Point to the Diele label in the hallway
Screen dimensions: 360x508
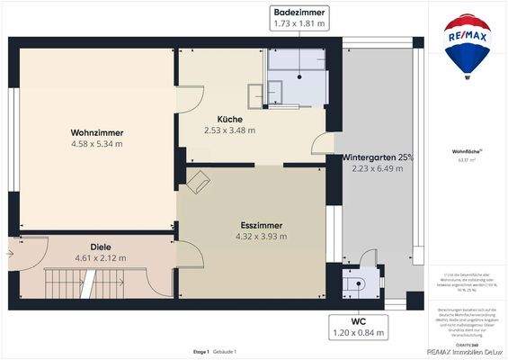pos(100,247)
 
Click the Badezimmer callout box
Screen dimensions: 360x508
pos(300,18)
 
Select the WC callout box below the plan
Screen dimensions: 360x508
pos(359,326)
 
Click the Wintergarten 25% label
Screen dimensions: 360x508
pos(378,157)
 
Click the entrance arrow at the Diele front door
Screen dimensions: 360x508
pos(9,253)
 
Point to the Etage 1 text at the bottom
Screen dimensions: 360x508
pos(201,351)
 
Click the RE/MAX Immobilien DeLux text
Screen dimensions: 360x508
pos(467,354)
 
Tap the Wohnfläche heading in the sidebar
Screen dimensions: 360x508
pos(466,152)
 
